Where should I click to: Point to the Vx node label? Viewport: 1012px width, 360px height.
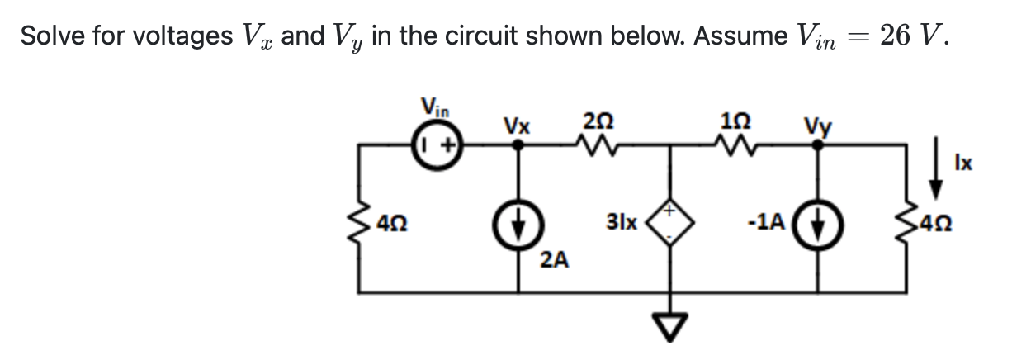[x=518, y=127]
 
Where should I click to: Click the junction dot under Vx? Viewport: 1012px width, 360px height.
[x=518, y=146]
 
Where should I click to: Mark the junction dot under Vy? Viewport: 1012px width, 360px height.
[x=818, y=146]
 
